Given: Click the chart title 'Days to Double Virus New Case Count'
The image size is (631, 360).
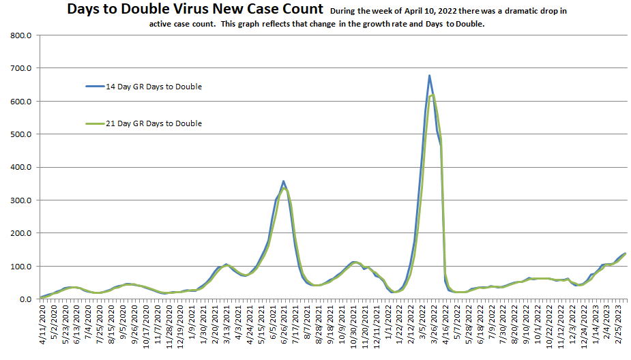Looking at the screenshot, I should [194, 10].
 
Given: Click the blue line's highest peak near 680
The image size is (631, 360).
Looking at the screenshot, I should [429, 76].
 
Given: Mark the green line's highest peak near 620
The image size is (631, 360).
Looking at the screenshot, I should [432, 95].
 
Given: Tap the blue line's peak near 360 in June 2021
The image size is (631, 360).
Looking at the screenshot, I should [283, 181].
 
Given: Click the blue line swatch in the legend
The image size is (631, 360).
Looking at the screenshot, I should [93, 87].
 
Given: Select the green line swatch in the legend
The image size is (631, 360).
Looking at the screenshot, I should [93, 123].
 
